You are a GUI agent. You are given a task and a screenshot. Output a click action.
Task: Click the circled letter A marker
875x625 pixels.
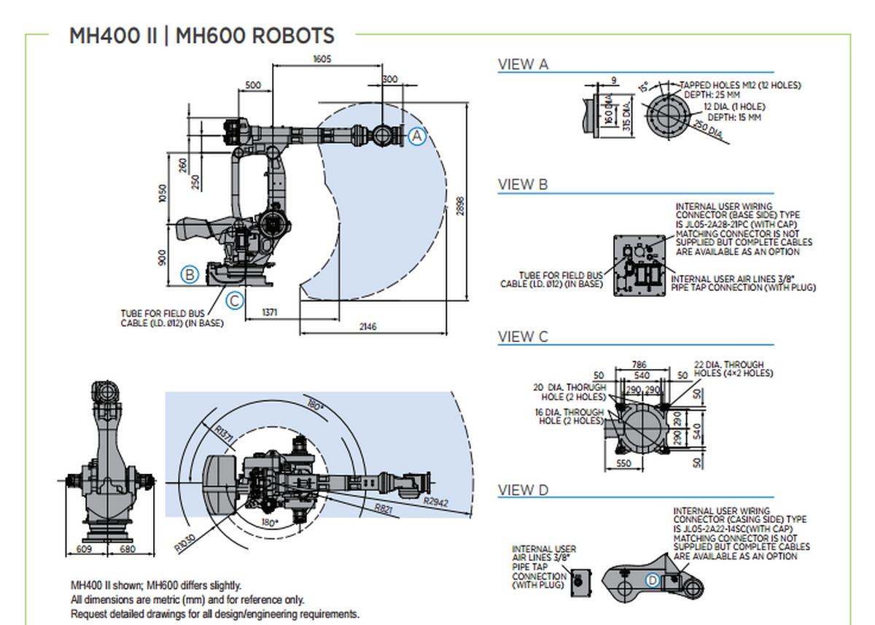tap(416, 136)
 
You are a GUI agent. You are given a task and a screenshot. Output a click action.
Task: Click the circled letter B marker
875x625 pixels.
tap(190, 275)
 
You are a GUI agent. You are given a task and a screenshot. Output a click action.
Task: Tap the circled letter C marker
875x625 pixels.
tap(233, 300)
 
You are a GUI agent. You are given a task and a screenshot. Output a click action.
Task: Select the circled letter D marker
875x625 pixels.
tap(653, 581)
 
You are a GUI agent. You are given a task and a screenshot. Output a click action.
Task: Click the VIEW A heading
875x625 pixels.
tap(522, 64)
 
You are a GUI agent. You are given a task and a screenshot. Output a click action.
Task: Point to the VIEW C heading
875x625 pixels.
tap(523, 337)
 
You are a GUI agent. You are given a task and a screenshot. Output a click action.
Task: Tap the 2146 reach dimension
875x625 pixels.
tap(367, 327)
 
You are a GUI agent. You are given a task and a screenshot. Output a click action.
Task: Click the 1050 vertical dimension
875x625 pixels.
tap(163, 193)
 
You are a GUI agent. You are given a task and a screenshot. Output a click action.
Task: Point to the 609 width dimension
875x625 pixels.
tap(85, 550)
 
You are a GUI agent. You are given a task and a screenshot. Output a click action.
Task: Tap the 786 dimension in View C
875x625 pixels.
tap(639, 364)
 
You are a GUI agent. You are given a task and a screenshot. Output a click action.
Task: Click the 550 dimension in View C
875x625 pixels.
tap(624, 463)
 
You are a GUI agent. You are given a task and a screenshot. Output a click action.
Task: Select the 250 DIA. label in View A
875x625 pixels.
tap(706, 131)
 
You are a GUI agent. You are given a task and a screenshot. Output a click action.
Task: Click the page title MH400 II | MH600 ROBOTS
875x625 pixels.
tap(202, 36)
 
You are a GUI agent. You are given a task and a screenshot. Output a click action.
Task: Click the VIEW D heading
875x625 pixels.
tap(523, 490)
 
